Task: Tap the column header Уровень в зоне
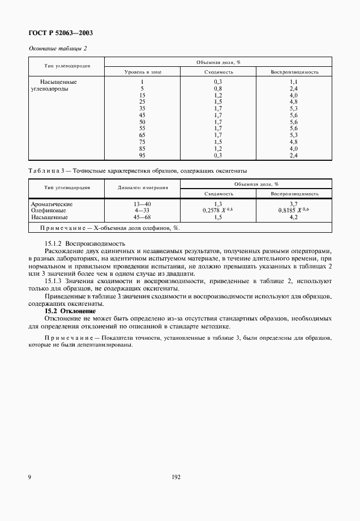pos(143,72)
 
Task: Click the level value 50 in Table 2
pos(142,122)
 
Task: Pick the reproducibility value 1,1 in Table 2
pos(293,82)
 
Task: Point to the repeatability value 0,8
pos(218,89)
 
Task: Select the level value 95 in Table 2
pos(142,155)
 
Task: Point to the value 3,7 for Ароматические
pos(293,203)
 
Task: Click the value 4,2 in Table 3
pos(293,217)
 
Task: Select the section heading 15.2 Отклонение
pos(71,311)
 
